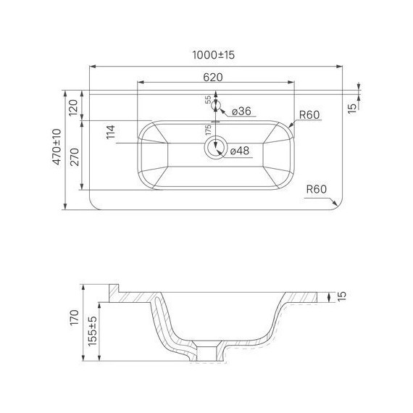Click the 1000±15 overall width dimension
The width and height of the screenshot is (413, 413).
tap(213, 55)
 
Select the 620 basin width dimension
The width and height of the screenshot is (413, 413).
tap(213, 78)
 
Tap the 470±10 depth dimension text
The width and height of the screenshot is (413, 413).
tap(57, 146)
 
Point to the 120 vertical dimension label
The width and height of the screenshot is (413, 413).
tap(73, 107)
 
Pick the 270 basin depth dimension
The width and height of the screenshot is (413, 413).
tap(75, 157)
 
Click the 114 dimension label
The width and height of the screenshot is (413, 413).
tap(111, 132)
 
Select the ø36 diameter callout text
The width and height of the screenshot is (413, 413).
tap(241, 111)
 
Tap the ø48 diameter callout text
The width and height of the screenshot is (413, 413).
tap(240, 151)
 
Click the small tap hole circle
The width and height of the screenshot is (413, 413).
tap(216, 106)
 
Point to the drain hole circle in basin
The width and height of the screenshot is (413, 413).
tap(216, 148)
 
